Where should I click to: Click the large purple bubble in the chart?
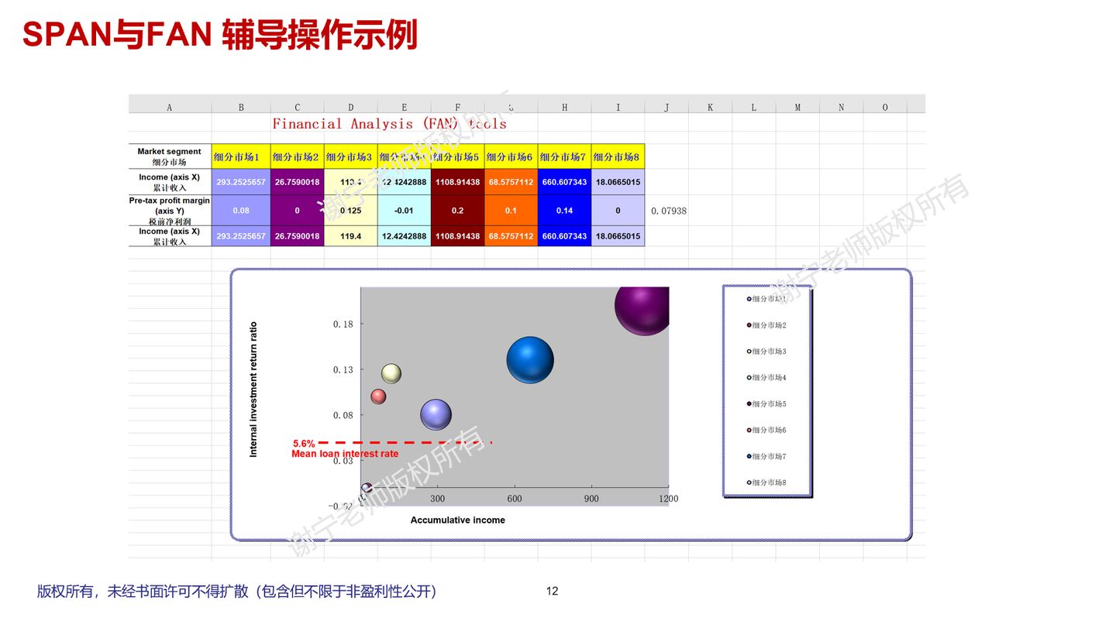[x=642, y=307]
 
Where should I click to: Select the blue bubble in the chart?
[x=530, y=359]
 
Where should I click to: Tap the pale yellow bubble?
[x=391, y=373]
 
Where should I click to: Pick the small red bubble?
[x=378, y=396]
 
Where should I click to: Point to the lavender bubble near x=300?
[x=436, y=415]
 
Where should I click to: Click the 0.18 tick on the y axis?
[x=343, y=324]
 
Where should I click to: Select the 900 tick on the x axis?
[x=591, y=499]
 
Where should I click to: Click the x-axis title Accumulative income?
[x=457, y=520]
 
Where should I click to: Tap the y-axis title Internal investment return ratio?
[x=253, y=389]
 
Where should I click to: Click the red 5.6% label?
[x=304, y=444]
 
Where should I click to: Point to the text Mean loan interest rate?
[x=345, y=454]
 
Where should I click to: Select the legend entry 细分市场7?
[x=769, y=457]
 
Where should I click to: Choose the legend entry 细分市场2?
[x=769, y=325]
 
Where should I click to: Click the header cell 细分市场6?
[x=511, y=157]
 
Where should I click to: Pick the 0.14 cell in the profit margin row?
[x=564, y=211]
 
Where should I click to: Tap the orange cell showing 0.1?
[x=511, y=211]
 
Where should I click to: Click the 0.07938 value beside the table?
[x=668, y=211]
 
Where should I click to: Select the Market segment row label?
[x=169, y=156]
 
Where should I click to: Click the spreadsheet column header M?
[x=797, y=108]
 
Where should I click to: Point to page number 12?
[x=552, y=592]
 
